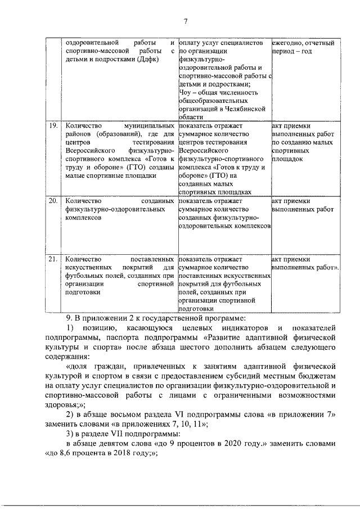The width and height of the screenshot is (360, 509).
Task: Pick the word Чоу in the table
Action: tap(186, 92)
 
